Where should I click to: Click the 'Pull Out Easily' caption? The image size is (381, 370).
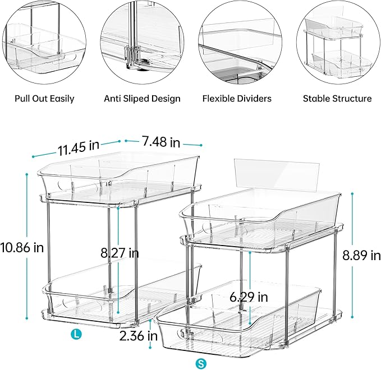click(x=44, y=99)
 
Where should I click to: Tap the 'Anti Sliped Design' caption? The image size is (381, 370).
click(x=142, y=99)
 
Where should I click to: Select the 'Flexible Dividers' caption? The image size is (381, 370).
click(x=237, y=99)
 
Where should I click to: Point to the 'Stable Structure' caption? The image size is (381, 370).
click(x=337, y=99)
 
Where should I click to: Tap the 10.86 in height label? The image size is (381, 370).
click(x=22, y=246)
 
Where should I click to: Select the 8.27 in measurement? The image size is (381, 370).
click(x=120, y=253)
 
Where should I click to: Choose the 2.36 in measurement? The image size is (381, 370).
click(x=137, y=336)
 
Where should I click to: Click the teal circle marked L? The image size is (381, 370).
click(x=76, y=335)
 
